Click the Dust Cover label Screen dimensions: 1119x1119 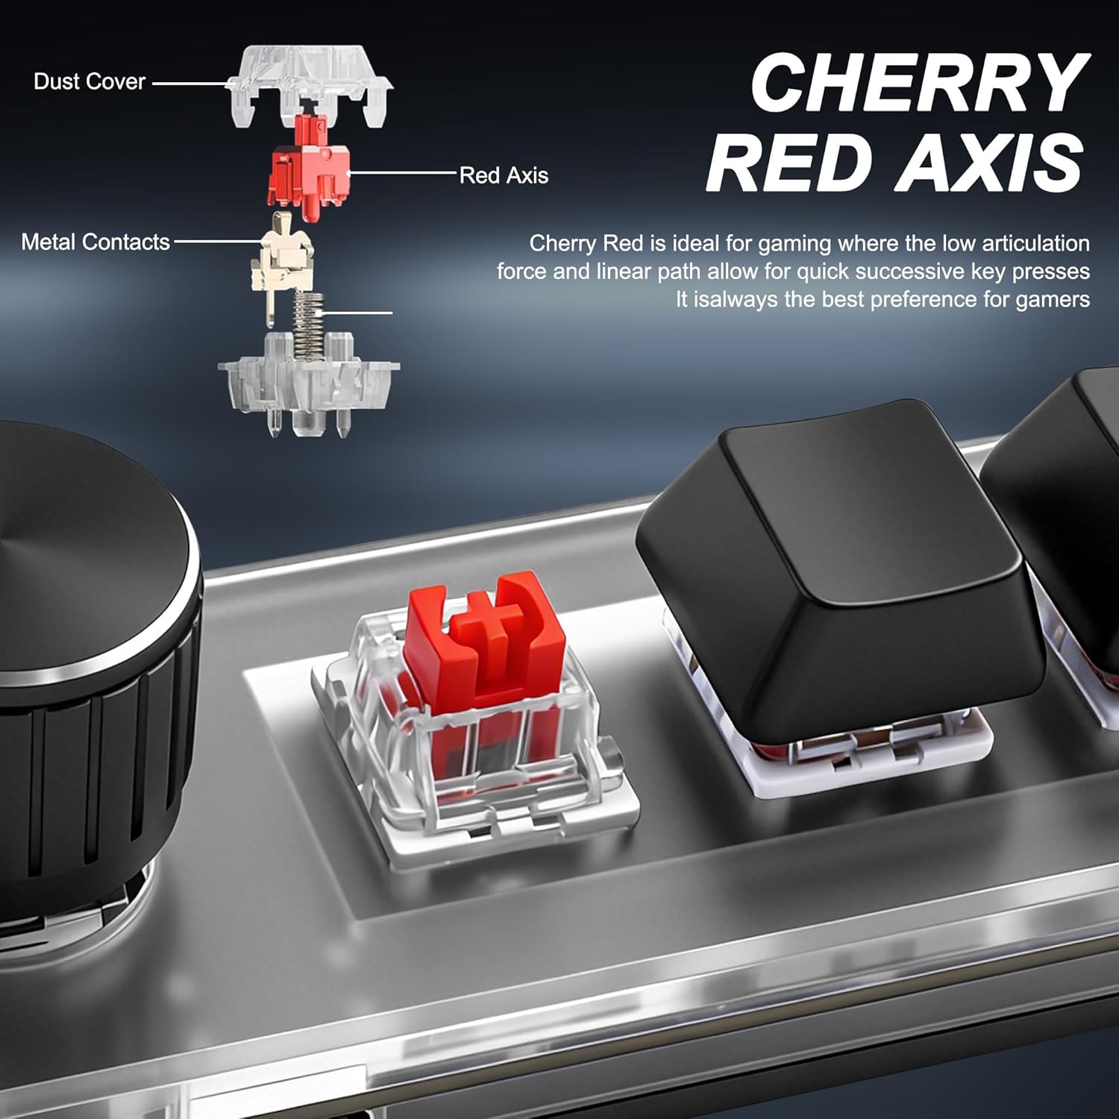90,81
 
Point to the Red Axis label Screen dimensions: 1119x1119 504,175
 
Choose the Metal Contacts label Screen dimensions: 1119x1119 95,242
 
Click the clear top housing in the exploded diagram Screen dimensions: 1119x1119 310,86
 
